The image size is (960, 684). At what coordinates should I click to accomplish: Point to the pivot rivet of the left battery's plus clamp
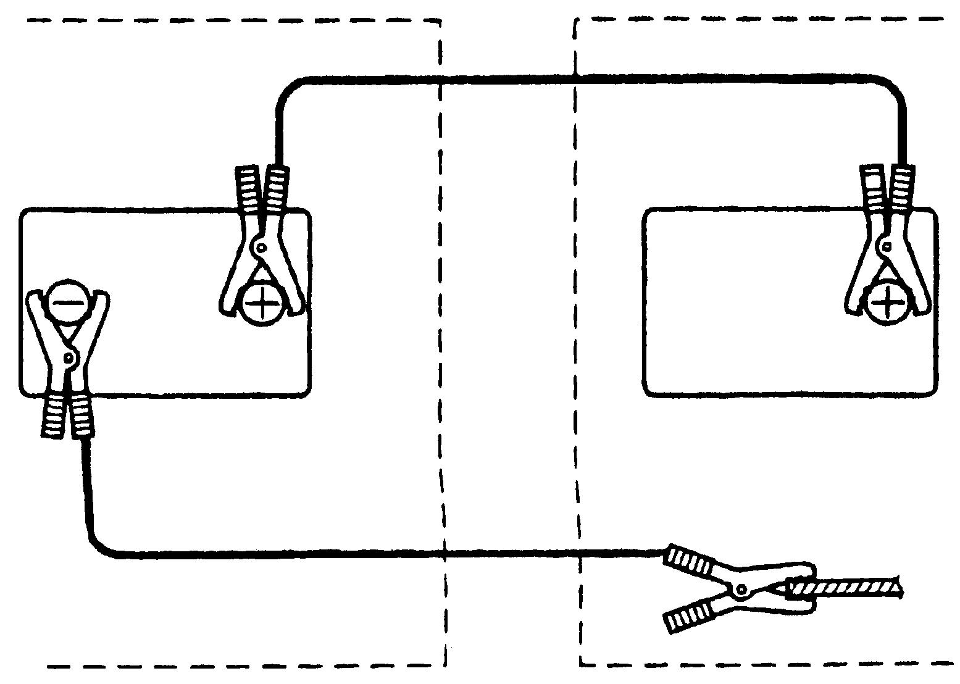(261, 248)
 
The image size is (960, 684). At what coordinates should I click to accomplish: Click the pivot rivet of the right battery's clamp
(887, 247)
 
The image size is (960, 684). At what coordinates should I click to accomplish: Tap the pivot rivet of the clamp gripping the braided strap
(741, 590)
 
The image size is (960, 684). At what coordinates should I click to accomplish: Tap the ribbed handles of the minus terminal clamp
(67, 416)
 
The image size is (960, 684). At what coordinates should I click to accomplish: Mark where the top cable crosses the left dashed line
(441, 80)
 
